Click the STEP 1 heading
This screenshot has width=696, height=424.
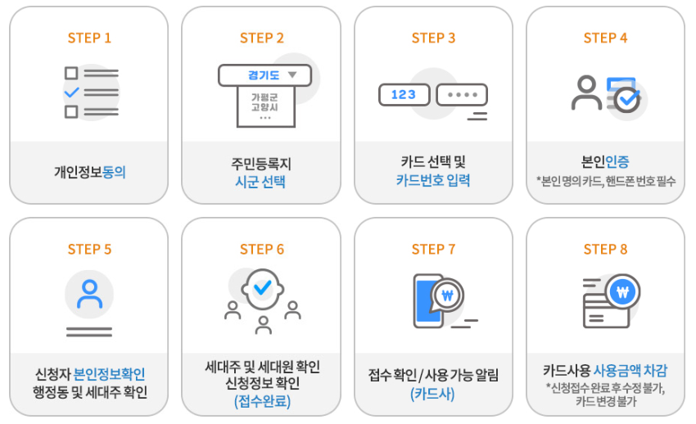(89, 38)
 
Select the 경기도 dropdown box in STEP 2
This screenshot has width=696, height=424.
(264, 75)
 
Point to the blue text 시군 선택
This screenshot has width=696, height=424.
(260, 182)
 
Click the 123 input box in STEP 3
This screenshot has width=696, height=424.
(404, 95)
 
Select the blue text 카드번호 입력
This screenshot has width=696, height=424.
(435, 181)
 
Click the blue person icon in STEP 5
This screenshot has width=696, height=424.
(89, 294)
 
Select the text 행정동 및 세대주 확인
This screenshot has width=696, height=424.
(89, 393)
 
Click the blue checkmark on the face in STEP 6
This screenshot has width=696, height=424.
(262, 288)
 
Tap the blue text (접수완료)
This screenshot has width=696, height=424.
(262, 401)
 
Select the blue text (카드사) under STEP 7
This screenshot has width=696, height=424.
(433, 394)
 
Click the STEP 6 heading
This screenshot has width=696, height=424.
(261, 250)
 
